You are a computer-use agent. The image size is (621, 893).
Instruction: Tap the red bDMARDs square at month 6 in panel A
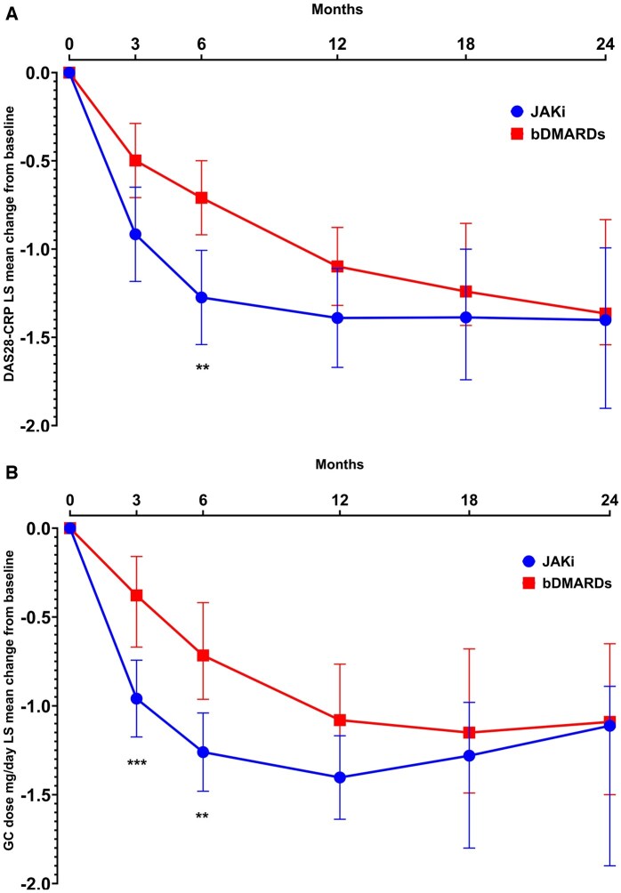pyautogui.click(x=202, y=197)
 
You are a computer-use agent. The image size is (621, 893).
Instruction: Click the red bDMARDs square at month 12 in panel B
pyautogui.click(x=337, y=720)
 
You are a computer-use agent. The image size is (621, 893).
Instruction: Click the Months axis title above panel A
pyautogui.click(x=336, y=9)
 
